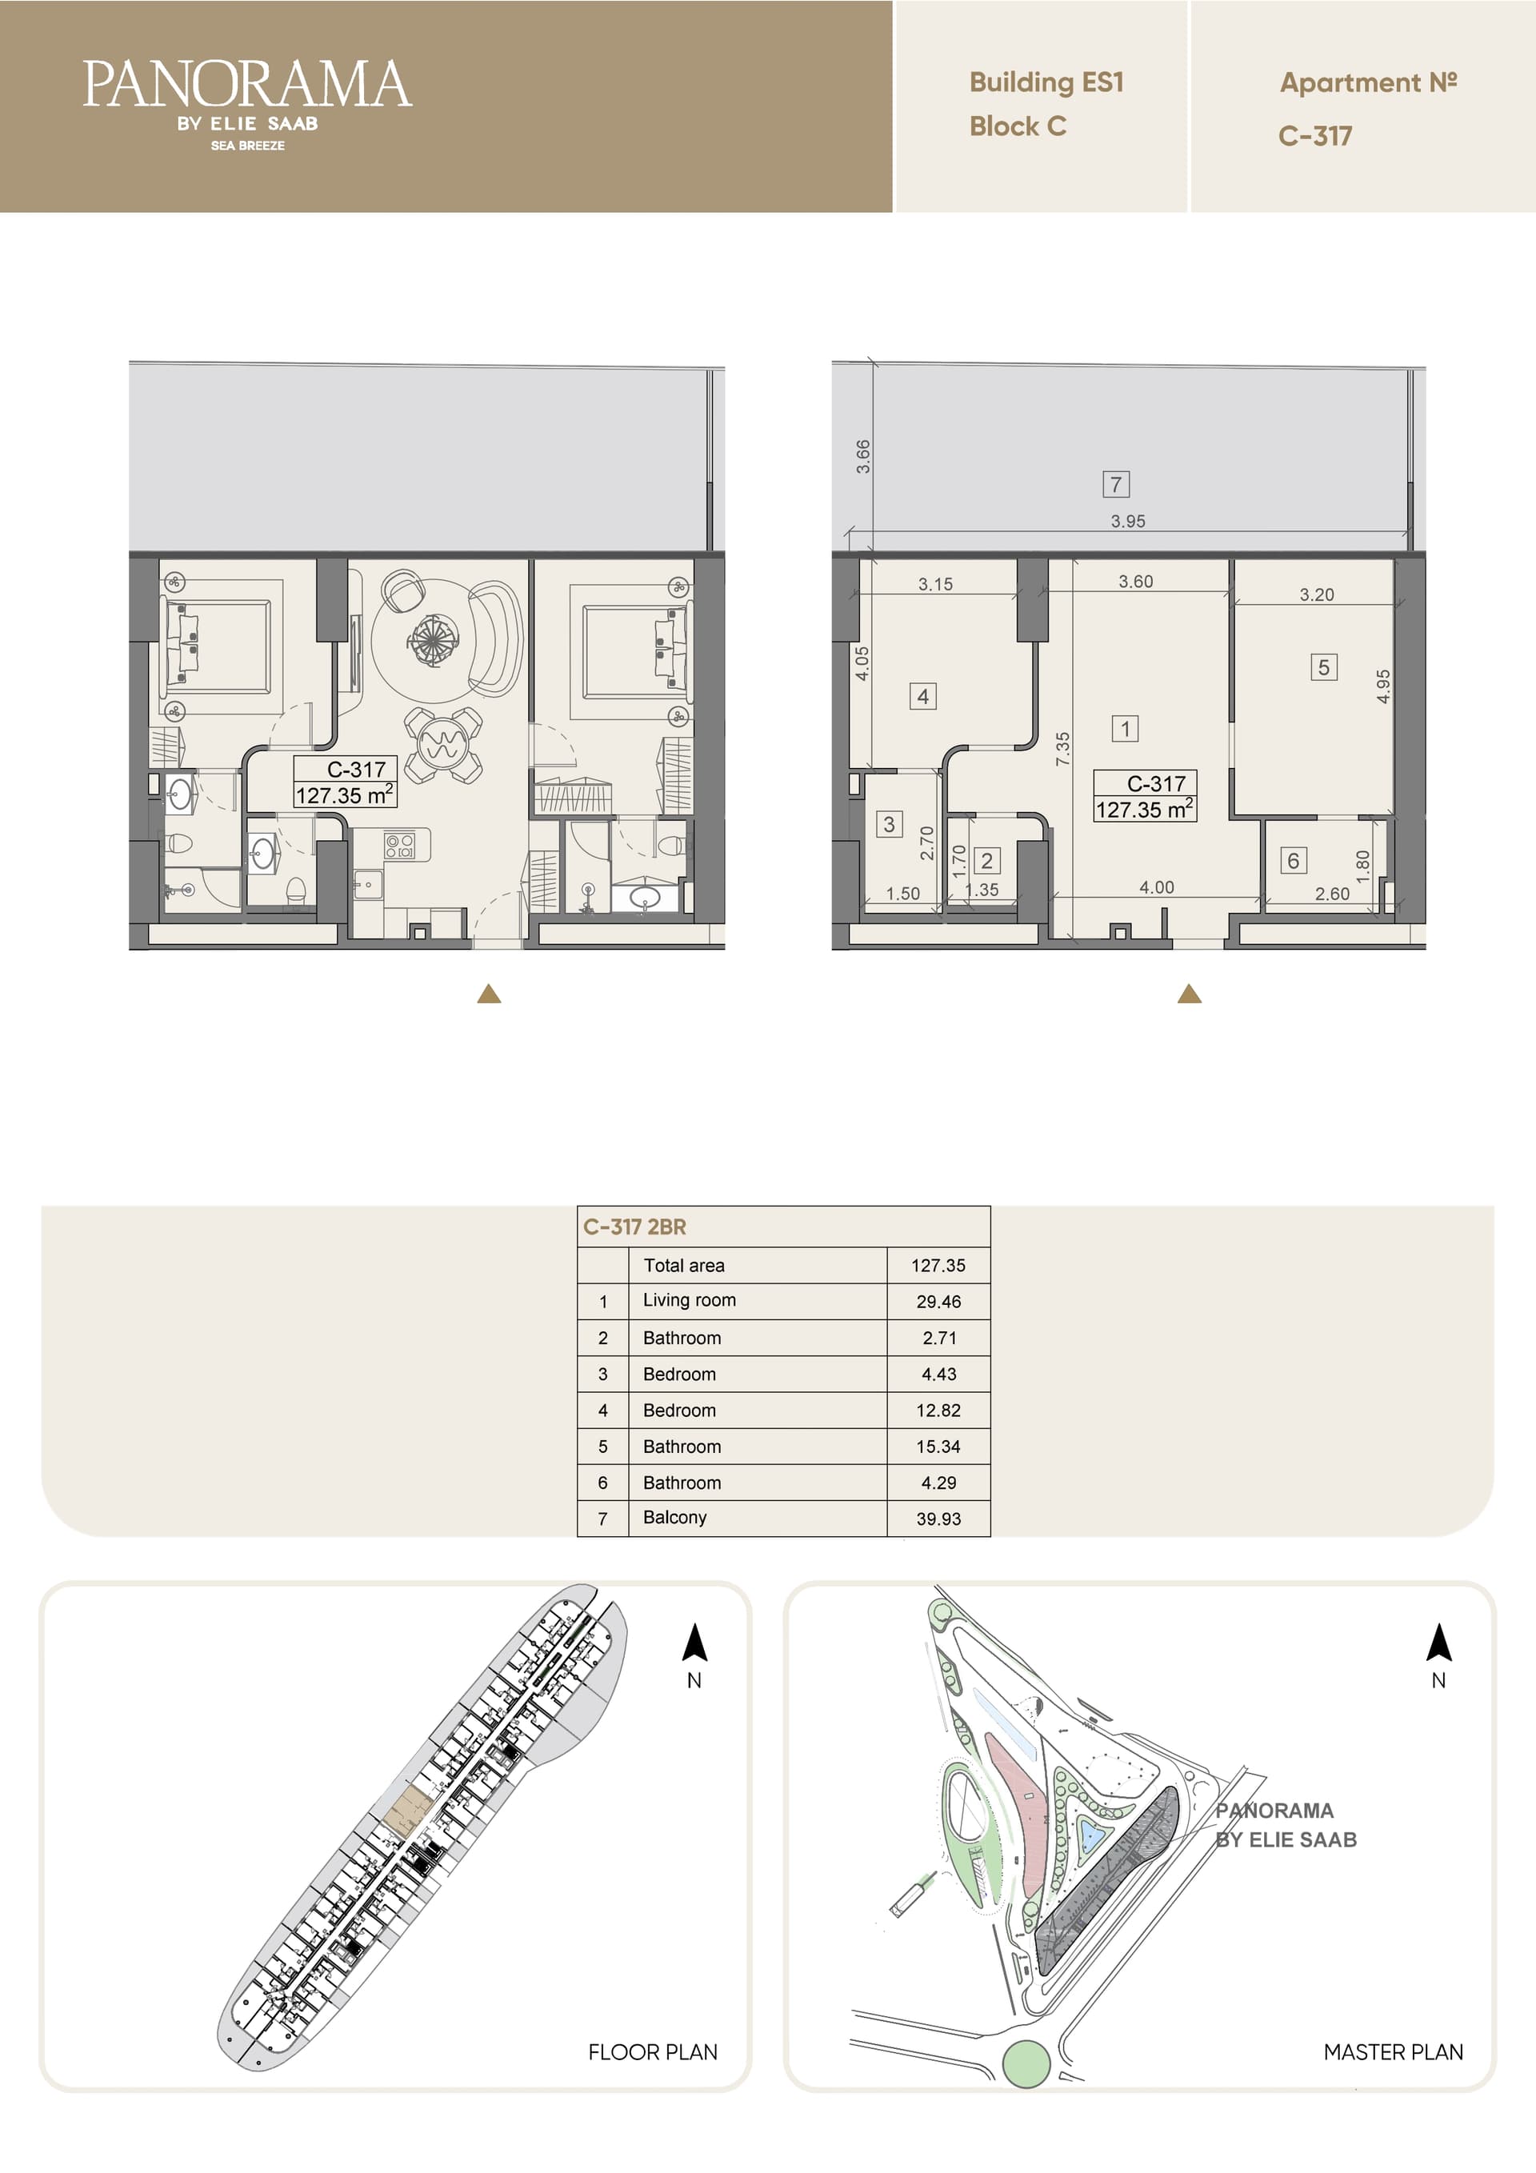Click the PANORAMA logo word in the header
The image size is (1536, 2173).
click(247, 84)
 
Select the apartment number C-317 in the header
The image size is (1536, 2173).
click(1314, 136)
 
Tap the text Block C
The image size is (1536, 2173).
click(1018, 126)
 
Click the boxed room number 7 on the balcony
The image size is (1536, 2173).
click(1116, 485)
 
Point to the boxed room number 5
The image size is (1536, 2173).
click(1323, 667)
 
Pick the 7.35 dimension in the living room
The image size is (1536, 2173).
click(1063, 748)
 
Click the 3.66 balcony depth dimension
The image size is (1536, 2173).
click(862, 456)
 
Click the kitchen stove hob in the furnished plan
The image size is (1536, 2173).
click(399, 845)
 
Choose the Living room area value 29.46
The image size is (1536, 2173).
click(938, 1302)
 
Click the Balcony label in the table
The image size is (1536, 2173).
click(674, 1517)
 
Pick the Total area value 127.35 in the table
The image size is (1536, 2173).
click(938, 1266)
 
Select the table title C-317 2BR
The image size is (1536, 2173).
click(634, 1227)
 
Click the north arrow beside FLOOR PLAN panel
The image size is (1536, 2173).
click(694, 1642)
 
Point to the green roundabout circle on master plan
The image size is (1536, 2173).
click(1026, 2063)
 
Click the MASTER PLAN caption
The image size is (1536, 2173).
click(1393, 2052)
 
